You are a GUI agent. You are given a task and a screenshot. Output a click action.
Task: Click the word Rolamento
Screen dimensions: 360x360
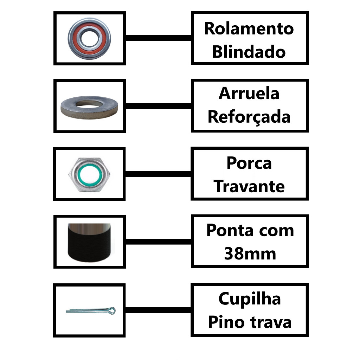click(x=249, y=29)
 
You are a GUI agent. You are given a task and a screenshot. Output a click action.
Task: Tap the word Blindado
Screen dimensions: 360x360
click(x=249, y=52)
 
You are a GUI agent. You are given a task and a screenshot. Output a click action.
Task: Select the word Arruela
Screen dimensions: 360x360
click(x=249, y=94)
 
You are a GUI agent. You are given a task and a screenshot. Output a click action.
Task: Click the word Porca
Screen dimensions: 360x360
click(x=249, y=163)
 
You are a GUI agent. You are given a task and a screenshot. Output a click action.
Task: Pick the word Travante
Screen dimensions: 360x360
click(x=249, y=186)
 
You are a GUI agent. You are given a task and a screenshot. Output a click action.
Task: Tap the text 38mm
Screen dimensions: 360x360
click(x=250, y=254)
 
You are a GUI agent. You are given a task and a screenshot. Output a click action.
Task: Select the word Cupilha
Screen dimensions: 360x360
click(x=250, y=299)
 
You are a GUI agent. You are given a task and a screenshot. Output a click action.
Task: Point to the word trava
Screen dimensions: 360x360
click(x=271, y=322)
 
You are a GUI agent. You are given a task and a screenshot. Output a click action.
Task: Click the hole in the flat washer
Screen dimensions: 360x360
click(x=89, y=104)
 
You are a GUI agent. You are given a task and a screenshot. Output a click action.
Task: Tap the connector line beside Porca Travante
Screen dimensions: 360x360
click(x=158, y=174)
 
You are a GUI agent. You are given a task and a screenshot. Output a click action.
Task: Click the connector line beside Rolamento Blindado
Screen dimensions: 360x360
click(x=159, y=38)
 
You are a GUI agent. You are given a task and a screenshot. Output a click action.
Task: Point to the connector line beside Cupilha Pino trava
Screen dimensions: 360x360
click(x=158, y=310)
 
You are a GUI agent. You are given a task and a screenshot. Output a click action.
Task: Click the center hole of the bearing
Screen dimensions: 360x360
click(x=89, y=39)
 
